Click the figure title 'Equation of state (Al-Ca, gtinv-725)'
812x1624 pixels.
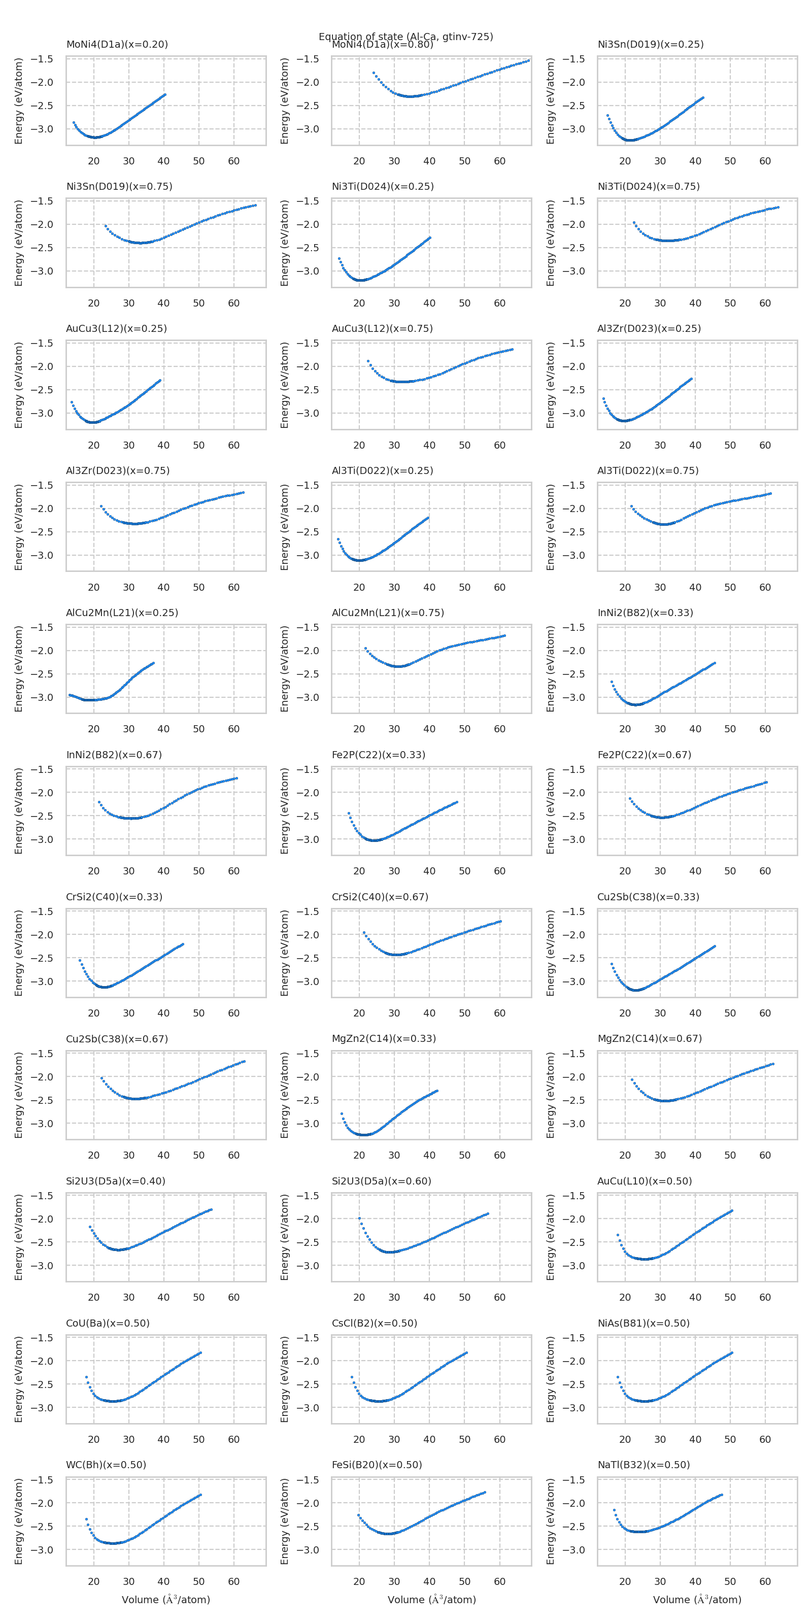click(405, 36)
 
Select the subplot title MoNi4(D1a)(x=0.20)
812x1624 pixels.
click(117, 44)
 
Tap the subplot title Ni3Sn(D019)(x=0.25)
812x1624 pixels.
click(650, 44)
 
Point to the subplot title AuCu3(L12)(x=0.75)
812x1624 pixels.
click(382, 328)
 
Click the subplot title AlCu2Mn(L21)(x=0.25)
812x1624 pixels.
click(122, 613)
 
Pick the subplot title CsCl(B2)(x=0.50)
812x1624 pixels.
click(375, 1323)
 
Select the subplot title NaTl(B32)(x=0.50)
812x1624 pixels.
click(643, 1465)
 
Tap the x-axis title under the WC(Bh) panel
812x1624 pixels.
click(166, 1600)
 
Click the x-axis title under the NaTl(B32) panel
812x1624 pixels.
click(697, 1600)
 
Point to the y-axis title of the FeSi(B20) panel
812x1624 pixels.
click(284, 1521)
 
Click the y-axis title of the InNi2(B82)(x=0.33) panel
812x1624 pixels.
click(550, 669)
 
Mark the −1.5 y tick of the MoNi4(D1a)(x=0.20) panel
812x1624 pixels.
click(42, 59)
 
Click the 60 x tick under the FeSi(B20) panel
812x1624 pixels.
click(499, 1581)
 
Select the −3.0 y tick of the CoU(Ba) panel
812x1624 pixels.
click(42, 1408)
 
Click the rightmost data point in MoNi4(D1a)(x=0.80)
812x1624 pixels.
click(528, 60)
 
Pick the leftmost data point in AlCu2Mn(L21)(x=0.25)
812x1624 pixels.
click(70, 695)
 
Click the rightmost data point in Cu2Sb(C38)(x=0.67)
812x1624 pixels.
click(244, 1061)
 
